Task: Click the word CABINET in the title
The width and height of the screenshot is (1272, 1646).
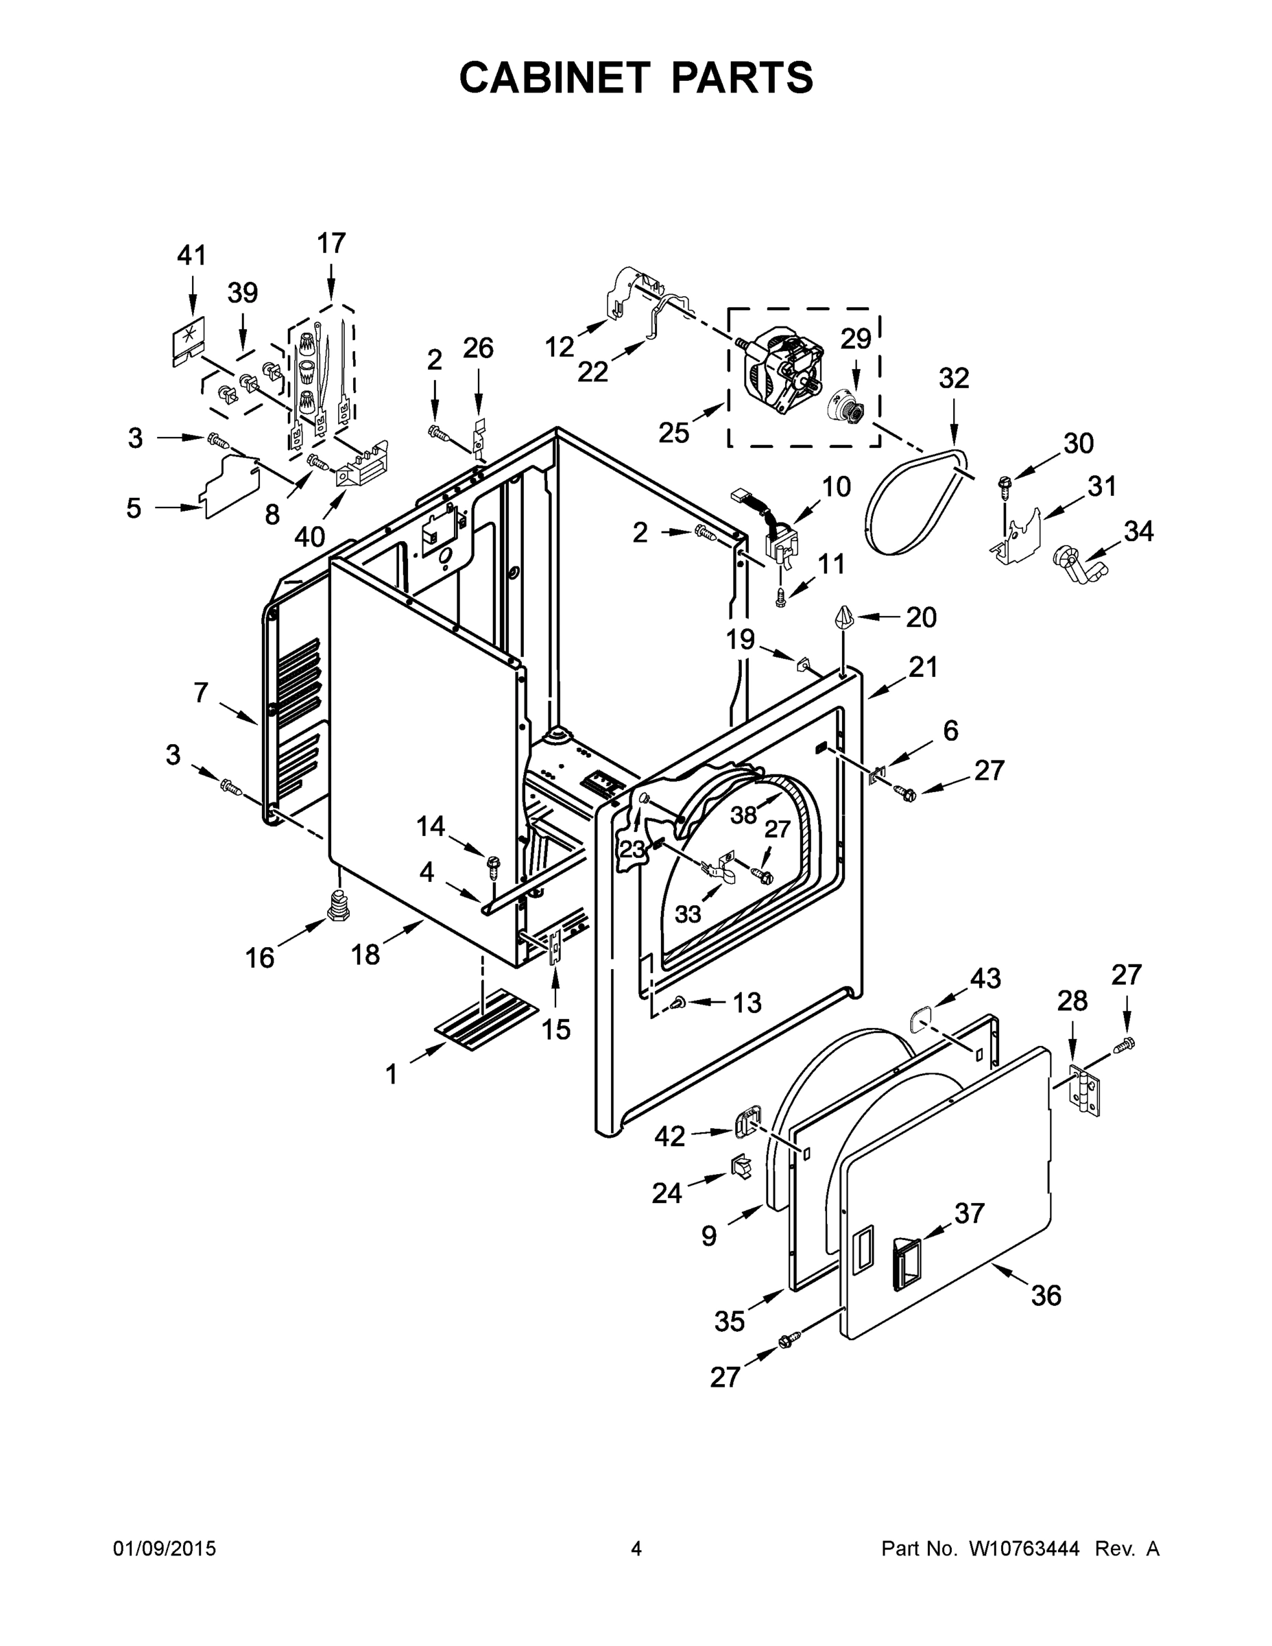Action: click(554, 77)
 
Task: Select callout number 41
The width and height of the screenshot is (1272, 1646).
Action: click(191, 256)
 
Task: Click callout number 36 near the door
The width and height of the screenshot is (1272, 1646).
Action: click(1046, 1295)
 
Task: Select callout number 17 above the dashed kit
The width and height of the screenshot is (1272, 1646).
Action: click(331, 243)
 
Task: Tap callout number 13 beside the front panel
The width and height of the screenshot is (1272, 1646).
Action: click(747, 1003)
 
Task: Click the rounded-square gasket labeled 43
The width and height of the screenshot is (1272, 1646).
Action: click(922, 1021)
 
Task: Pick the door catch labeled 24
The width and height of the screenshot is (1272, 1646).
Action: click(741, 1167)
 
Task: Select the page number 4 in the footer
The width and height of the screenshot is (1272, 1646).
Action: click(636, 1549)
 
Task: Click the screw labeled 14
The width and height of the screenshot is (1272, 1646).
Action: click(494, 866)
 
